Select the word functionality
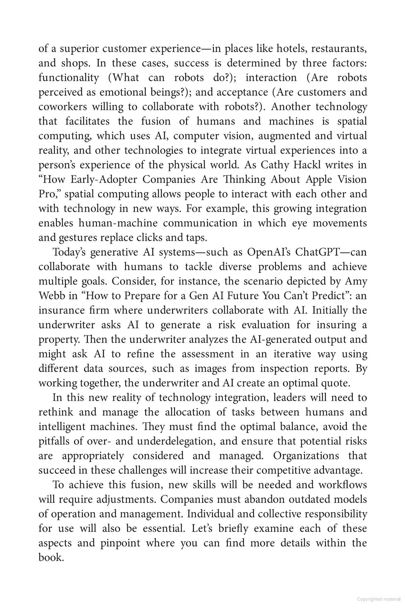69,78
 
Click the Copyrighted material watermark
378,599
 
